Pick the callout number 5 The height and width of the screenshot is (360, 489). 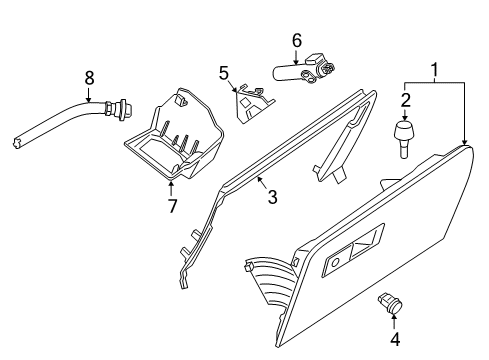coord(224,72)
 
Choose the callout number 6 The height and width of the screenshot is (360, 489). coord(296,40)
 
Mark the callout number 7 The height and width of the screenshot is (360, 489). coord(172,206)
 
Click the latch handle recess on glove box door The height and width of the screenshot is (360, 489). coord(362,253)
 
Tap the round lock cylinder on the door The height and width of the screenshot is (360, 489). coord(337,262)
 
